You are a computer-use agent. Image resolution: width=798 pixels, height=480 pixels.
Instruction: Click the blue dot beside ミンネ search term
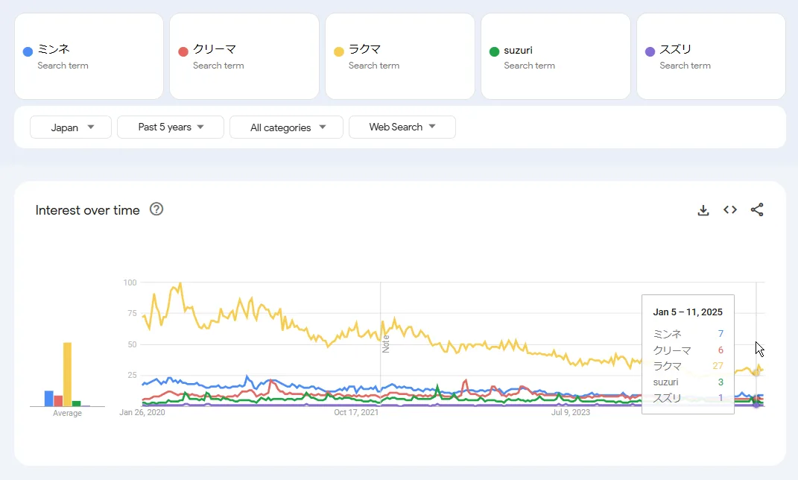(28, 51)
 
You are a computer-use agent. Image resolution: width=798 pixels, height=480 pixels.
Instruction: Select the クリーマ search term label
(215, 49)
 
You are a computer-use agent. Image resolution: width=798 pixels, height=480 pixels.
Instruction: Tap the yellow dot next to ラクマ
(338, 51)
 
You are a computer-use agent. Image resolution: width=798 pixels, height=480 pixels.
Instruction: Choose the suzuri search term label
(518, 50)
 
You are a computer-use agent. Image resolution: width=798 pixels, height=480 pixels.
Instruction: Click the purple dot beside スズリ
(650, 51)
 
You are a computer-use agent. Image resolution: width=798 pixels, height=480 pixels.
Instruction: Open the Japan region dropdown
(71, 127)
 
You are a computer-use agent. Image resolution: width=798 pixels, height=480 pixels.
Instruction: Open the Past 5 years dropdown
(171, 127)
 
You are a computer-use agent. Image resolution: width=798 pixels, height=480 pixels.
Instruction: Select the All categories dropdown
(286, 127)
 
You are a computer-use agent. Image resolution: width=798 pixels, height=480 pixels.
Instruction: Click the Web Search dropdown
(402, 127)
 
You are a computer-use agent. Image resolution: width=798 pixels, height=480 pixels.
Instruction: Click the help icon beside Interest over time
(156, 209)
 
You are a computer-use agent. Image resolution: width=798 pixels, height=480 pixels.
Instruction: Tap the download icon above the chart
(703, 210)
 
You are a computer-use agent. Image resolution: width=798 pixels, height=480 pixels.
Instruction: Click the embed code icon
(730, 210)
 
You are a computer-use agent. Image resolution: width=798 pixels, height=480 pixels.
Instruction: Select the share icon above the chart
(757, 210)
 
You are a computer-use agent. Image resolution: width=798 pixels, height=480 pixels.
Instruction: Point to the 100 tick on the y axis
(130, 282)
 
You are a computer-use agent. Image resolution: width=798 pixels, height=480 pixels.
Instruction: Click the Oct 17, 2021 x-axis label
(356, 411)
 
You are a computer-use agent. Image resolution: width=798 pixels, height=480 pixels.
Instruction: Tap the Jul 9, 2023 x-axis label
(571, 411)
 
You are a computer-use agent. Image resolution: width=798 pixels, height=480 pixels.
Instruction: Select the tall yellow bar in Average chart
(67, 374)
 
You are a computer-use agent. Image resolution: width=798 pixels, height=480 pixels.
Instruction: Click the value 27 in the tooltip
(718, 366)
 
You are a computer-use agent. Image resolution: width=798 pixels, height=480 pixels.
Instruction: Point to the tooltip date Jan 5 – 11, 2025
(688, 312)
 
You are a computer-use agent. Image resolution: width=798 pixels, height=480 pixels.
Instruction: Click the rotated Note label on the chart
(386, 343)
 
